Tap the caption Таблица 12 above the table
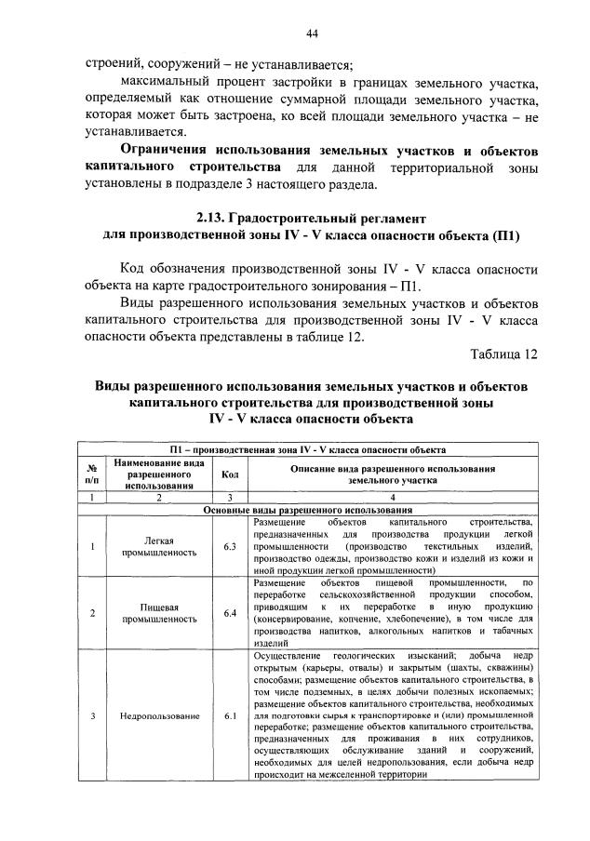click(x=504, y=354)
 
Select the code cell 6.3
click(x=230, y=546)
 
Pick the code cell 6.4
click(x=230, y=612)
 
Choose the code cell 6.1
click(x=230, y=716)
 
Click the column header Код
click(x=230, y=474)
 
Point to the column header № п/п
click(x=92, y=474)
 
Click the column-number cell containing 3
click(x=230, y=499)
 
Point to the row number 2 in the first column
click(x=92, y=612)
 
